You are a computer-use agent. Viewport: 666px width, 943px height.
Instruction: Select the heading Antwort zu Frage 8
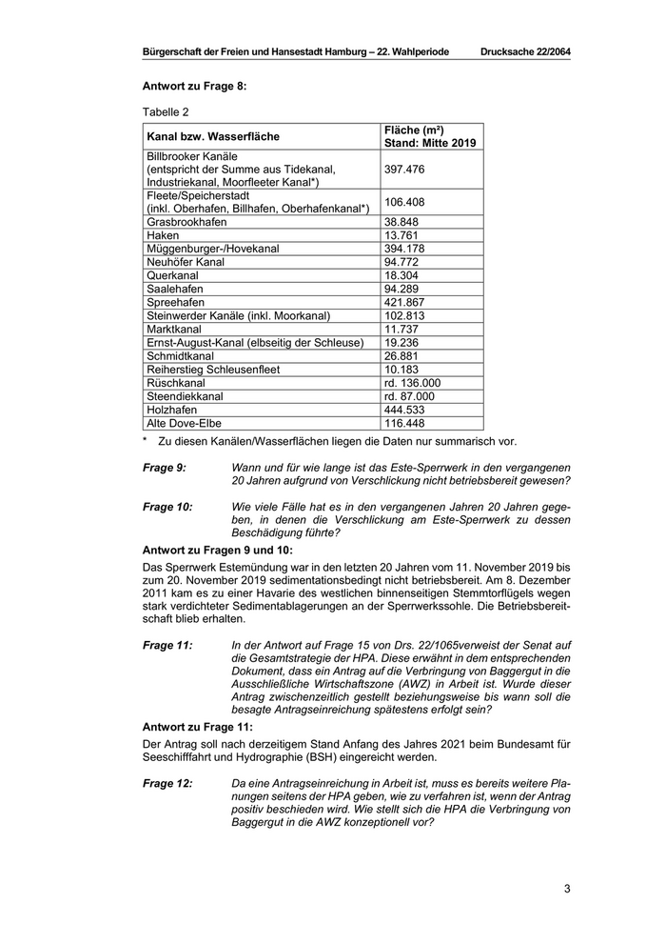[194, 86]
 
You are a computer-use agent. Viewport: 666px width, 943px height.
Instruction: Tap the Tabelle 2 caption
[166, 111]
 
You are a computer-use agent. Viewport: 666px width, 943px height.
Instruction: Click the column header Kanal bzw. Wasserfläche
[213, 136]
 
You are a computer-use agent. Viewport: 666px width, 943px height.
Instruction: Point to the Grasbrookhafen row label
[186, 221]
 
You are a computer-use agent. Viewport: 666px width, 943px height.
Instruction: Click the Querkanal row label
[171, 275]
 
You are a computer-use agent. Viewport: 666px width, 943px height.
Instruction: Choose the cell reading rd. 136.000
[411, 383]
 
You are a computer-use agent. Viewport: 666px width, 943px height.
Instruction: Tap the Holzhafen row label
[171, 410]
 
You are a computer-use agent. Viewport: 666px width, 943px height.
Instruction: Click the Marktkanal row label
[174, 329]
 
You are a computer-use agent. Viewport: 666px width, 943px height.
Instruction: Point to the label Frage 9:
[165, 468]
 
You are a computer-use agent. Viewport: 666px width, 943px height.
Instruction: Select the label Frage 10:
[167, 508]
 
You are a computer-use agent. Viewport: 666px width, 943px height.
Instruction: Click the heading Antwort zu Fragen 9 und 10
[217, 551]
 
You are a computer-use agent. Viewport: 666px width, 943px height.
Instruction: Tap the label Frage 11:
[167, 645]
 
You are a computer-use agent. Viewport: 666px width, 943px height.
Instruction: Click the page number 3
[567, 890]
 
